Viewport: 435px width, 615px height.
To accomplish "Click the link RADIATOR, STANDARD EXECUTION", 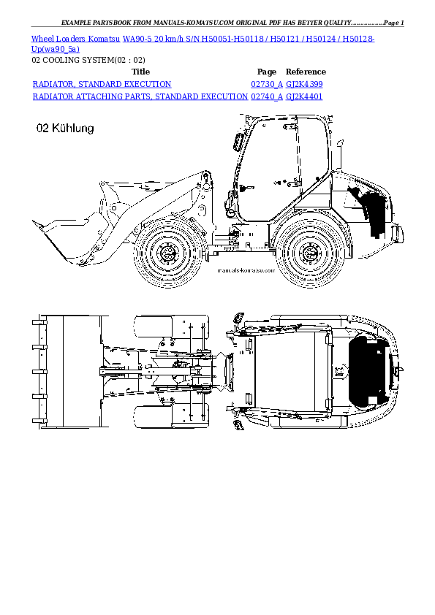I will click(102, 85).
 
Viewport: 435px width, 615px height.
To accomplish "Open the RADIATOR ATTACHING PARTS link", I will click(140, 96).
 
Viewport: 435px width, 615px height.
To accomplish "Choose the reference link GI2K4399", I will click(304, 85).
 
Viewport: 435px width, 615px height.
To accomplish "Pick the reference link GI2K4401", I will click(304, 96).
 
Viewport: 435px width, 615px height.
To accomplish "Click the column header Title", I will click(140, 72).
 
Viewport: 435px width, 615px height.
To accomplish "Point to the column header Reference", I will click(306, 72).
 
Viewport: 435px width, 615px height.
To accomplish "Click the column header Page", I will click(267, 72).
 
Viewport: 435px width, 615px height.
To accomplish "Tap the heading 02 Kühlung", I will click(65, 129).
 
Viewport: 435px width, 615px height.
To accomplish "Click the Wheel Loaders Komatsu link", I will click(75, 37).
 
